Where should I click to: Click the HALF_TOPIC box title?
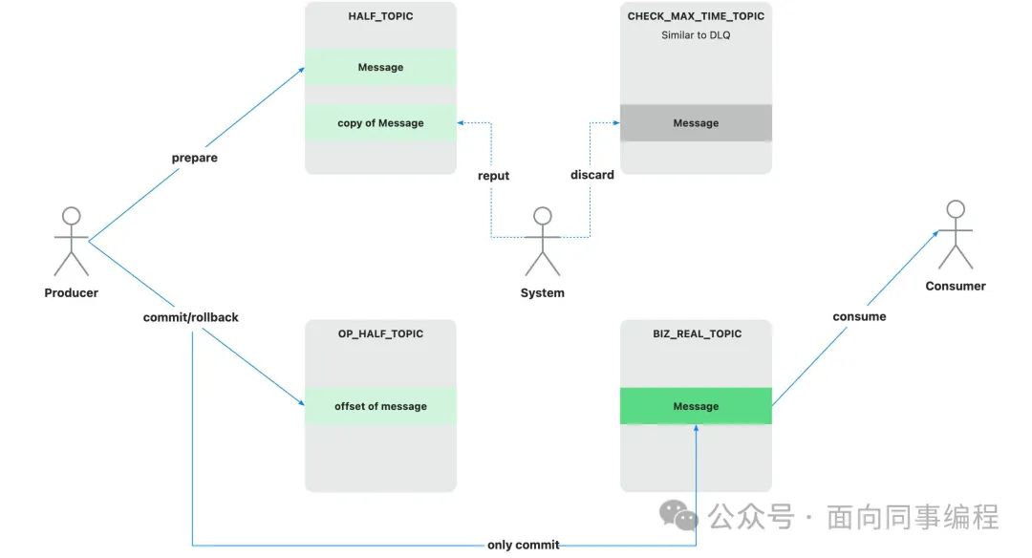[x=380, y=17]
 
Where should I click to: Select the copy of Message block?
[x=380, y=123]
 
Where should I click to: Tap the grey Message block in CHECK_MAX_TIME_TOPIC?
[x=696, y=123]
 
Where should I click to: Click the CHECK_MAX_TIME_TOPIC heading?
[x=696, y=16]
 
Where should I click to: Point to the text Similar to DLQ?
[x=696, y=35]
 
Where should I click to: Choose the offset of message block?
[x=380, y=406]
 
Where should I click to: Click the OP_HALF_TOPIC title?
[x=380, y=334]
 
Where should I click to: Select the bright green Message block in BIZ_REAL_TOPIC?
[x=696, y=406]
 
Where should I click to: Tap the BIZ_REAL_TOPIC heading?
[x=696, y=334]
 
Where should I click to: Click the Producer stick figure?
[x=72, y=242]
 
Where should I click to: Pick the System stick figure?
[x=543, y=242]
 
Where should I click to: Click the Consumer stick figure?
[x=955, y=235]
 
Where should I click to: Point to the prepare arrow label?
[x=195, y=159]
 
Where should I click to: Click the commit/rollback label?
[x=191, y=317]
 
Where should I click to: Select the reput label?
[x=494, y=176]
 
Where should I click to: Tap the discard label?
[x=592, y=175]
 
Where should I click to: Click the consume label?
[x=859, y=316]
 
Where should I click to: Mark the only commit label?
[x=524, y=545]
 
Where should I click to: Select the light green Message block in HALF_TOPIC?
[x=380, y=67]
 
